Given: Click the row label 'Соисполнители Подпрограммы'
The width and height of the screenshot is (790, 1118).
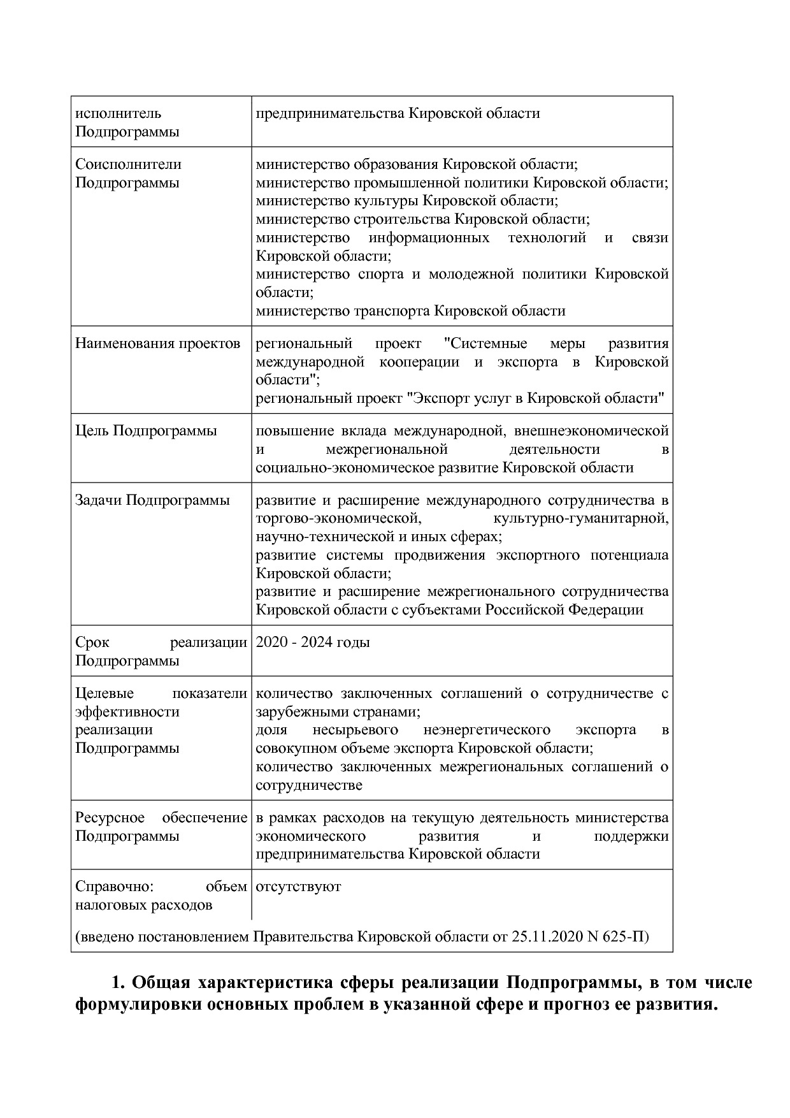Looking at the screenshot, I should point(128,173).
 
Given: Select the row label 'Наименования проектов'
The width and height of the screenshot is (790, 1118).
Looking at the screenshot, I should point(157,344).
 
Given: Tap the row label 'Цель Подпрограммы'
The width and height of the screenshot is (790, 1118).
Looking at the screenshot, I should point(146,431).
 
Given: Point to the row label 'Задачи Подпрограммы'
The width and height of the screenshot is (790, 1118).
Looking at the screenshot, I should point(152,500).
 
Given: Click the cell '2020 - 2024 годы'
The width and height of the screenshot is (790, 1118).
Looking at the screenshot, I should point(312,642).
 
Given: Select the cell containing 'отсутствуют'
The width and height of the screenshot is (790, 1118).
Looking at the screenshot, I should point(298,887).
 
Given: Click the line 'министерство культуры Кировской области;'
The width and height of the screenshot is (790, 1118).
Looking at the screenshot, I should point(406,201).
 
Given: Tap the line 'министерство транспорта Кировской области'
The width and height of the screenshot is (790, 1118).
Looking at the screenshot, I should point(410,311).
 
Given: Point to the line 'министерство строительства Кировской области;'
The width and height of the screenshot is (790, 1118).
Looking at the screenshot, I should point(422,219).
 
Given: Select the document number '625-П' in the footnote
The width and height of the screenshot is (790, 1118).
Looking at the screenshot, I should point(628,938).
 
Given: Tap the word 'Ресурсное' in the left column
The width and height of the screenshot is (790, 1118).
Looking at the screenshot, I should point(110,818).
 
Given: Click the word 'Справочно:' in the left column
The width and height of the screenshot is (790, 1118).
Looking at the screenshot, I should point(111,887).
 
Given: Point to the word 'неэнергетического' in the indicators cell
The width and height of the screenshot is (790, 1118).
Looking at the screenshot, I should point(486,730).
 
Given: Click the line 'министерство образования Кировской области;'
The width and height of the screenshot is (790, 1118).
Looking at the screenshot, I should point(417,164).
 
